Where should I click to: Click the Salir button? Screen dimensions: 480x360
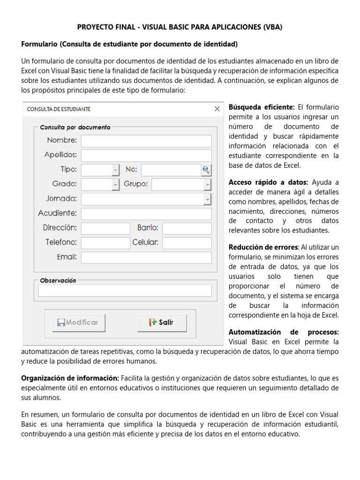click(162, 322)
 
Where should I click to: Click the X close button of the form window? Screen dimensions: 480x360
click(217, 109)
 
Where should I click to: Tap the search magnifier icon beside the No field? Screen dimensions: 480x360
click(206, 170)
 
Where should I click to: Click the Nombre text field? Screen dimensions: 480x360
click(146, 141)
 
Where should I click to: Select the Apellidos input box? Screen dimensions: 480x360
click(146, 155)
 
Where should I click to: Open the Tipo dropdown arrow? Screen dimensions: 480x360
click(115, 170)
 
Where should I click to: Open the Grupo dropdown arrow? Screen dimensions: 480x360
click(207, 185)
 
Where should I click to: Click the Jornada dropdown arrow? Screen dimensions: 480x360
click(207, 199)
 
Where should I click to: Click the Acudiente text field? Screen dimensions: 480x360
click(146, 214)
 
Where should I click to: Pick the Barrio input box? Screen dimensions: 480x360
click(187, 228)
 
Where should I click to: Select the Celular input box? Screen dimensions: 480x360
click(187, 243)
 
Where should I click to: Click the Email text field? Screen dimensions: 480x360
click(146, 257)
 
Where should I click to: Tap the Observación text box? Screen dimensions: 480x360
click(125, 291)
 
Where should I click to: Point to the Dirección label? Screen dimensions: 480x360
click(60, 228)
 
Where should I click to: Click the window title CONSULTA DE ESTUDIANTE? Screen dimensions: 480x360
click(59, 109)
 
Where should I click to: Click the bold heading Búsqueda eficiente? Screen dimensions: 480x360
click(262, 107)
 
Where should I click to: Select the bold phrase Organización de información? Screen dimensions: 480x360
click(70, 378)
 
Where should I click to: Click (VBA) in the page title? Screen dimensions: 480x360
click(272, 27)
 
